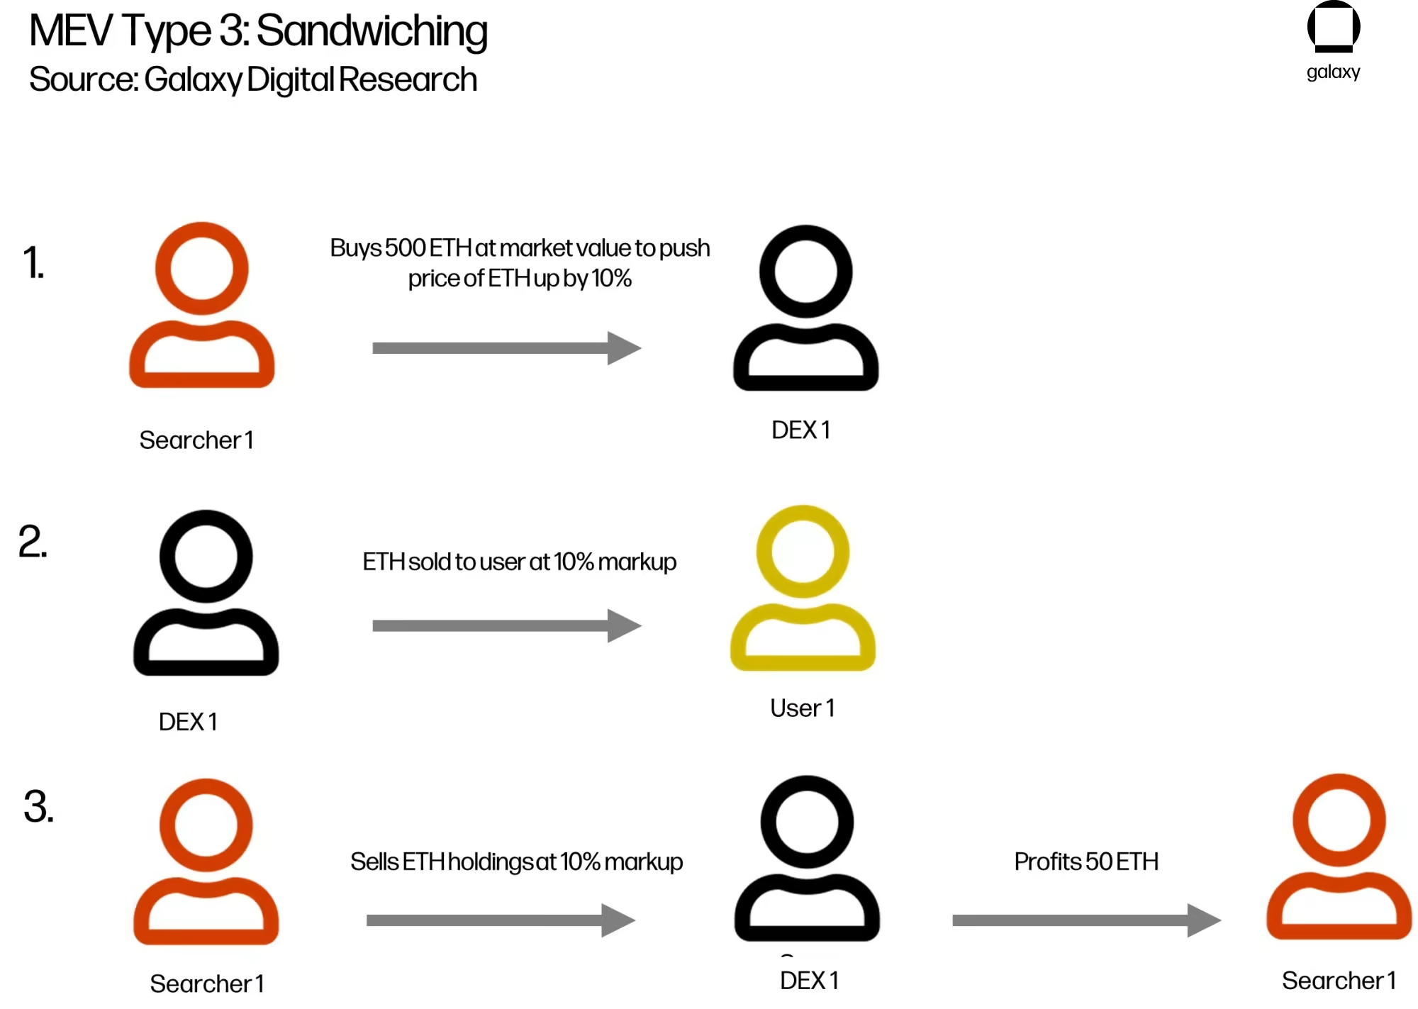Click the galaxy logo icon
1333,27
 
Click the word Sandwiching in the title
372,31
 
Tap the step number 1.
33,262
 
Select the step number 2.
33,542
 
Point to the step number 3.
38,807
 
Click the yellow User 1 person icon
803,589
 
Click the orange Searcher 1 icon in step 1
202,306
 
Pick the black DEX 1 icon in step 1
805,308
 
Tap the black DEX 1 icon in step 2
206,593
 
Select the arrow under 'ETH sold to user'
506,625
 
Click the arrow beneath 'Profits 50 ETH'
1085,920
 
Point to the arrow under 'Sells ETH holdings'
501,920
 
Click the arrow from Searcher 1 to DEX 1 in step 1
506,347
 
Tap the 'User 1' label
802,708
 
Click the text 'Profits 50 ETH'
1086,862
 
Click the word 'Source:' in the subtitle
84,79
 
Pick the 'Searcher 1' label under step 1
196,440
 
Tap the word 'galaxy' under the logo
1333,72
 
